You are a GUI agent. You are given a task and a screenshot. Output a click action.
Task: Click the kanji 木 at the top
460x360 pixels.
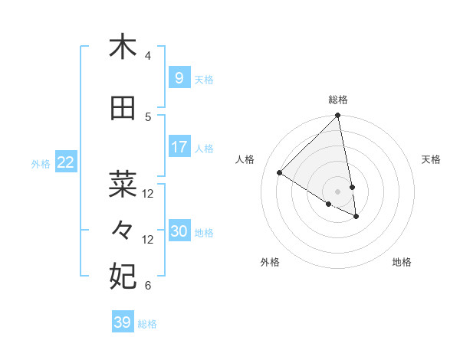tap(123, 47)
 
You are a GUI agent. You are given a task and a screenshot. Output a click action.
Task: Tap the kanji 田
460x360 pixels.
tap(123, 109)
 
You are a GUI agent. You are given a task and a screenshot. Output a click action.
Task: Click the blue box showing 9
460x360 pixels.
tap(179, 77)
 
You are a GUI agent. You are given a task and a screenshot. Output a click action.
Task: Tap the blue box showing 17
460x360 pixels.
tap(179, 146)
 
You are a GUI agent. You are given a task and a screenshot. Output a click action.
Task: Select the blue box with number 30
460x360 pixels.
tap(179, 231)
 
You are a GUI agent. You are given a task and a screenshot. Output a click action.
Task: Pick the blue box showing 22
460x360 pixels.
tap(65, 162)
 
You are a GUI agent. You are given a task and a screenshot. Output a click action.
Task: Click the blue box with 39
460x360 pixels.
tap(122, 322)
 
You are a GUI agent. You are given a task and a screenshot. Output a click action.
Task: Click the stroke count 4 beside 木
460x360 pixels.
tap(148, 56)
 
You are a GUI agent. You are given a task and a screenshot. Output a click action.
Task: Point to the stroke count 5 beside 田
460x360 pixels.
tap(148, 117)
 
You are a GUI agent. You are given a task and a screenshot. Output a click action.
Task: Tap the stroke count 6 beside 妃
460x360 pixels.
tap(148, 286)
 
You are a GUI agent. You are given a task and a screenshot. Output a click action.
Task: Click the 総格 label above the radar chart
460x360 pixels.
tap(338, 100)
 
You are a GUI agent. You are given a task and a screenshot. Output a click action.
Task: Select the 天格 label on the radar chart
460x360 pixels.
tap(431, 159)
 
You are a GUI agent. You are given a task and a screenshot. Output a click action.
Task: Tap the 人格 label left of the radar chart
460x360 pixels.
tap(245, 159)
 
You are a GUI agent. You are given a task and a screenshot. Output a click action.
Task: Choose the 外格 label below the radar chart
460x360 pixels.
tap(270, 262)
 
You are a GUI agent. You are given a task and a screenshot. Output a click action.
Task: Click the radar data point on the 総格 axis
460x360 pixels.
tap(338, 116)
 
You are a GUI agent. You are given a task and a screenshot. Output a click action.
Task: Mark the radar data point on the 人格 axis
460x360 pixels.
tap(280, 173)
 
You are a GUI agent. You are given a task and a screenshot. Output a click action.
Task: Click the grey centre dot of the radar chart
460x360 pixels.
tap(338, 191)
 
